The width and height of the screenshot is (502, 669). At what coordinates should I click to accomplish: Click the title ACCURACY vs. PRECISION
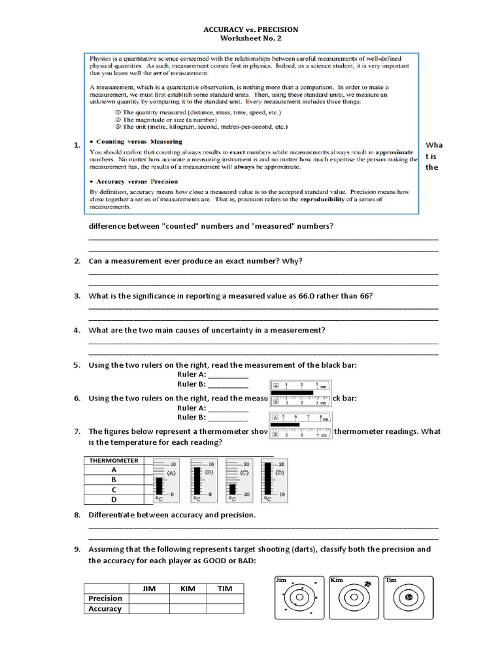pyautogui.click(x=251, y=29)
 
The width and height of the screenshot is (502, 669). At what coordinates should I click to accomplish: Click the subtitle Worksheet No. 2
pyautogui.click(x=251, y=39)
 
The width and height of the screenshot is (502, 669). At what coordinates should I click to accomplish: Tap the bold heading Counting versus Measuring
pyautogui.click(x=139, y=141)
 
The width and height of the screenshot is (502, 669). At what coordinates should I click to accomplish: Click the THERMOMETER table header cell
pyautogui.click(x=114, y=461)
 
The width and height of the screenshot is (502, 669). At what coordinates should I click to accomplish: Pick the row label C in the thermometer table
pyautogui.click(x=114, y=489)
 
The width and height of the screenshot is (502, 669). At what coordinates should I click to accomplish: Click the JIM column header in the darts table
pyautogui.click(x=150, y=589)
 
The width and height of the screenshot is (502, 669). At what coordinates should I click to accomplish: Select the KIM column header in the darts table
pyautogui.click(x=188, y=589)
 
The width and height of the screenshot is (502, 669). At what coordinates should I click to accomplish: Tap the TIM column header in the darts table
pyautogui.click(x=225, y=589)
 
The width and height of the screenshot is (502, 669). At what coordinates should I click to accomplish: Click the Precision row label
pyautogui.click(x=105, y=598)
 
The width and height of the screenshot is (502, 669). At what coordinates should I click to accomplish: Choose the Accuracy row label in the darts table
pyautogui.click(x=105, y=609)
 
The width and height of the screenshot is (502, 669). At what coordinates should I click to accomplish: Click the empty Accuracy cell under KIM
pyautogui.click(x=188, y=609)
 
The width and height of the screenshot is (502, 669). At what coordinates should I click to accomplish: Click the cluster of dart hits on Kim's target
pyautogui.click(x=367, y=583)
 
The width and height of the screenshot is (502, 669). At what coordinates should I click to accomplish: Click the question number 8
pyautogui.click(x=76, y=515)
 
